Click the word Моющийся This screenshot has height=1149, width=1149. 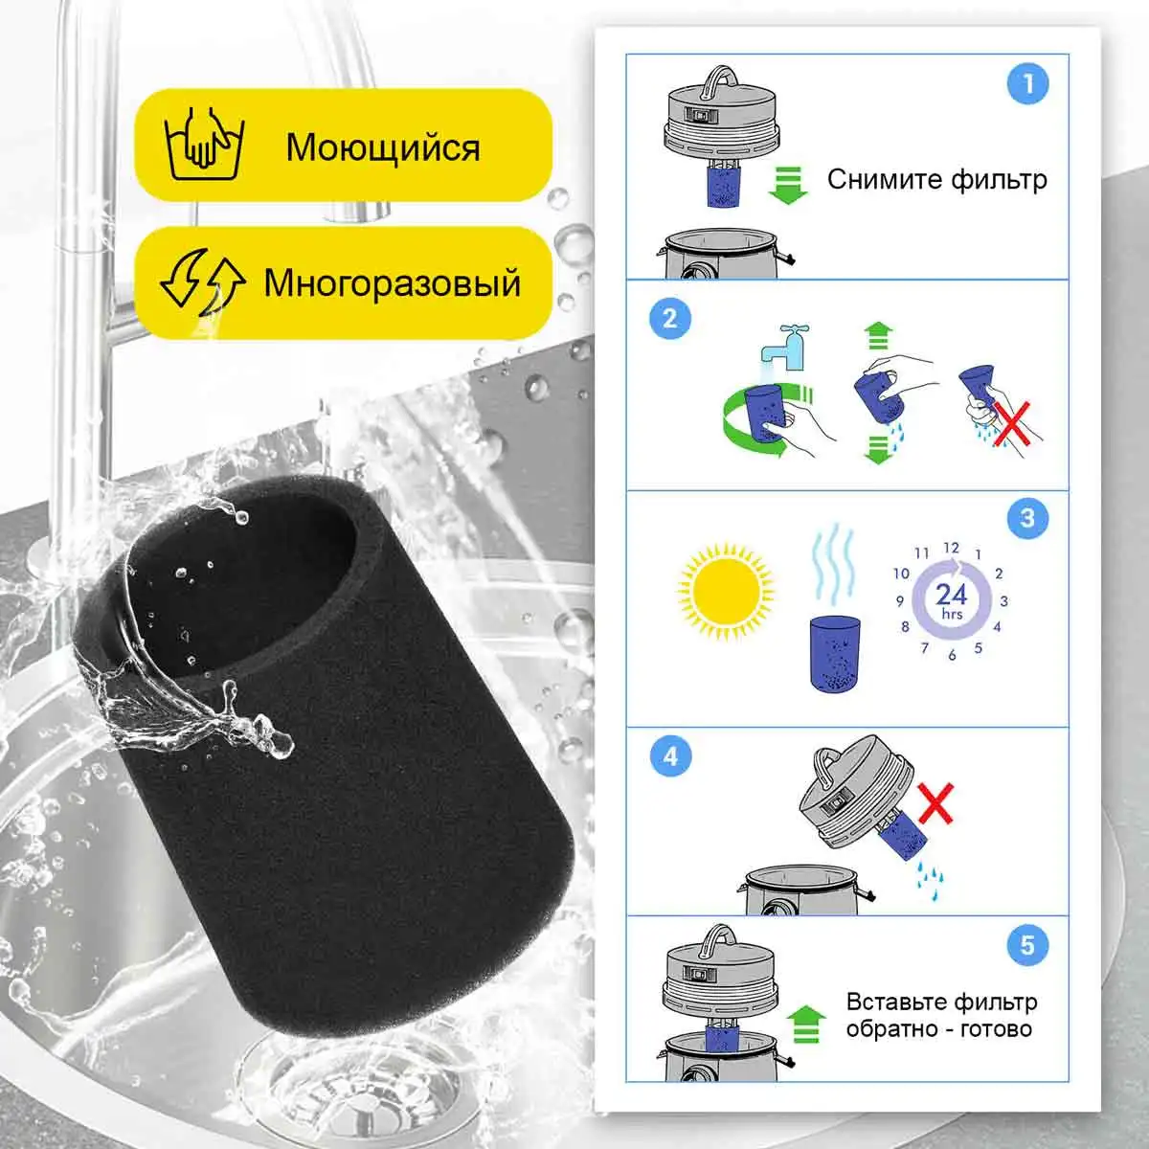[383, 147]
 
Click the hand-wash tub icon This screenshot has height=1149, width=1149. [205, 144]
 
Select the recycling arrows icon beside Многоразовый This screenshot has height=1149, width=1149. [203, 282]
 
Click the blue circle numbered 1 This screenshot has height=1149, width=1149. [1027, 84]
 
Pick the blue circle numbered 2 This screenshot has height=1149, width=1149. [670, 318]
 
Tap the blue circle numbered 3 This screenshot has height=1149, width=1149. [1027, 518]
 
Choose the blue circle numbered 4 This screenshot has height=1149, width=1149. [671, 756]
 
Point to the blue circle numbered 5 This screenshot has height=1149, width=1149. [1027, 945]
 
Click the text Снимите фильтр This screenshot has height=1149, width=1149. [936, 179]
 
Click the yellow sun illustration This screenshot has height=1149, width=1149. [725, 592]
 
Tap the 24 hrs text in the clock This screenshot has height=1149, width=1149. [952, 599]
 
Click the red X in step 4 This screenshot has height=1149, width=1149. [935, 803]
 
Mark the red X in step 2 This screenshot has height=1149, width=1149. [1012, 424]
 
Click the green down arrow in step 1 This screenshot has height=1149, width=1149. [788, 186]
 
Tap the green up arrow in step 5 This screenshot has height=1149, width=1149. [806, 1024]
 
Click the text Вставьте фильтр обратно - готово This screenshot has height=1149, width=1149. [941, 1016]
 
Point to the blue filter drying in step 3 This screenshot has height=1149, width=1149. [835, 654]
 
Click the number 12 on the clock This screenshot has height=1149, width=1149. [951, 548]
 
